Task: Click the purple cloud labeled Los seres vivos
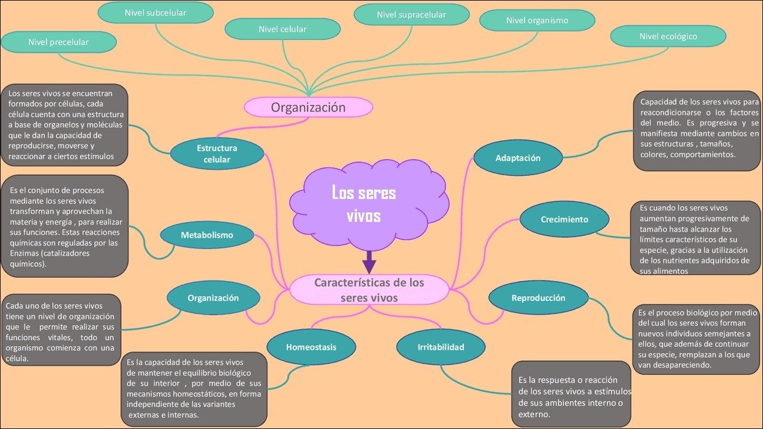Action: pos(364,203)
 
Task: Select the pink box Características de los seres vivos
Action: pos(369,290)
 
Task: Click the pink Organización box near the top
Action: pos(308,107)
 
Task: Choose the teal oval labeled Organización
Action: pos(213,298)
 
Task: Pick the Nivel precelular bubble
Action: pos(58,42)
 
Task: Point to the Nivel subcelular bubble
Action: pos(155,13)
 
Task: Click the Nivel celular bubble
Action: pos(282,29)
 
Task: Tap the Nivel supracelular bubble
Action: pos(411,15)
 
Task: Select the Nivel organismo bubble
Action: pos(537,20)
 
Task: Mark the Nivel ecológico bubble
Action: pos(668,36)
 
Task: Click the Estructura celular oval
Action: pos(217,154)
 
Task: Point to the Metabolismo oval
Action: pos(207,235)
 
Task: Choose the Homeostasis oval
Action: pos(311,347)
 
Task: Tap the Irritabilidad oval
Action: pos(441,347)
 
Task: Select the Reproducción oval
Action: pos(538,298)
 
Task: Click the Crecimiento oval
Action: pos(564,219)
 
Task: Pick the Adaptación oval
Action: pos(517,158)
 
